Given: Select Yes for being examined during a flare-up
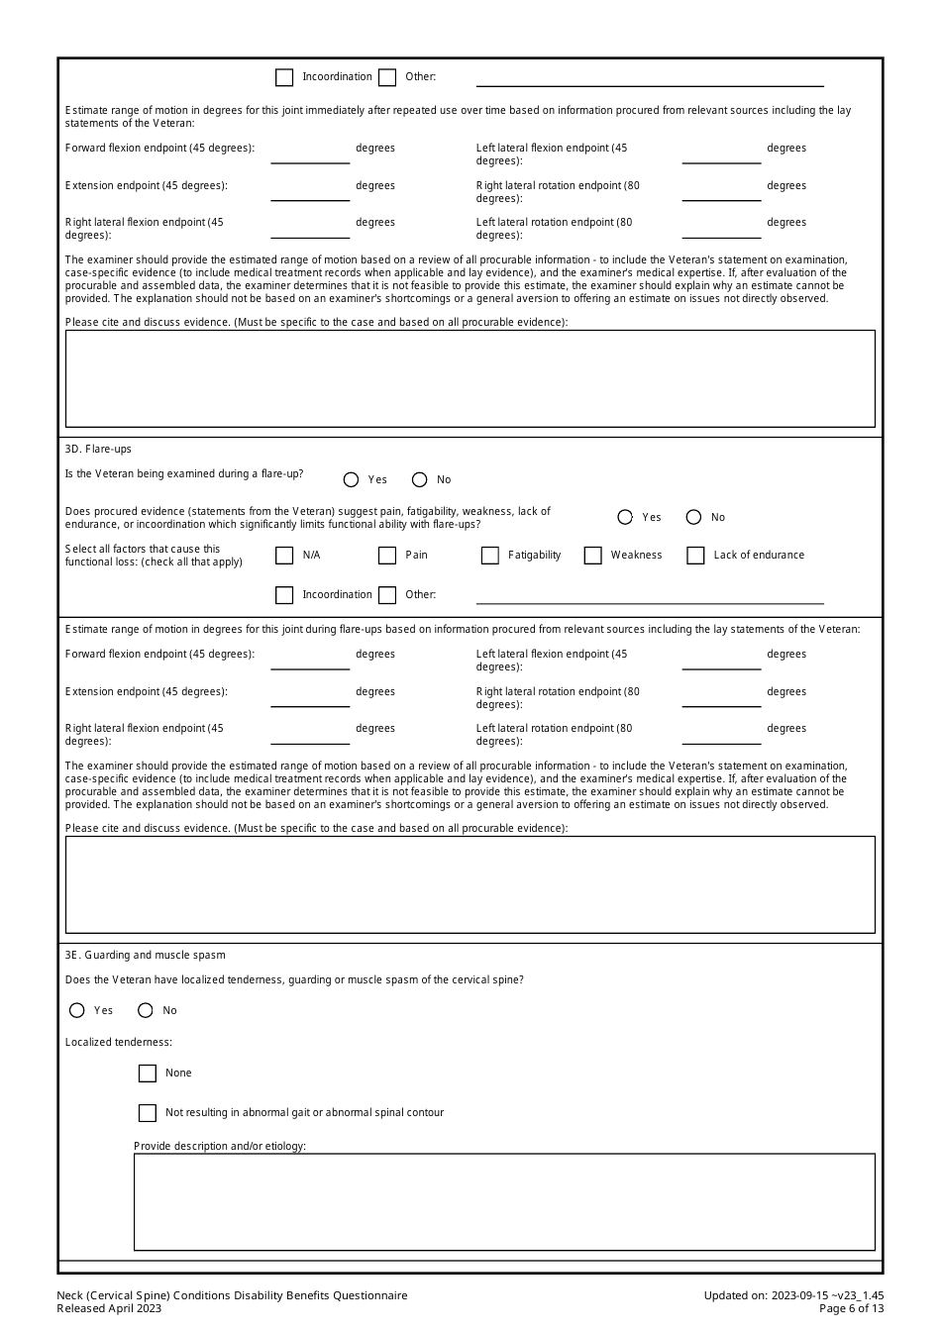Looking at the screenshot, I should click(x=351, y=479).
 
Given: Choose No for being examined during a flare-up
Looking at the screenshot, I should click(x=419, y=479).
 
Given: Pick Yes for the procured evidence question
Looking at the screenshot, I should click(x=625, y=517).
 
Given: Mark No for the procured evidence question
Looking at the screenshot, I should click(x=693, y=517).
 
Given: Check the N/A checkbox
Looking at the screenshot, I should click(x=284, y=556).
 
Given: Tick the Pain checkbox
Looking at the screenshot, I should click(x=387, y=556).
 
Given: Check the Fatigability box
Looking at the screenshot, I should click(x=490, y=556).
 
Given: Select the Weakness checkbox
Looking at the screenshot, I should click(x=593, y=556).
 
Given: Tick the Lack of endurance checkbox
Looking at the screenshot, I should click(x=696, y=556).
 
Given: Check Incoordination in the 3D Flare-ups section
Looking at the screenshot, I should click(x=284, y=595).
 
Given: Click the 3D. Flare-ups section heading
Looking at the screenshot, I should click(x=98, y=449).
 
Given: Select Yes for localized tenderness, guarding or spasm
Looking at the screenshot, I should click(x=77, y=1010).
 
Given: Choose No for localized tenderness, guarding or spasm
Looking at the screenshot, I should click(x=146, y=1010).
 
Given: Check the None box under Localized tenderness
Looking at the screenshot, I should click(x=148, y=1074).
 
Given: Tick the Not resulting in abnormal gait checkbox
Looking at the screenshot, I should click(x=148, y=1113).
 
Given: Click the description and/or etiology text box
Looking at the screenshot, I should click(x=504, y=1201).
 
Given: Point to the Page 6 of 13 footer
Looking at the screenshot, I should click(x=851, y=1308).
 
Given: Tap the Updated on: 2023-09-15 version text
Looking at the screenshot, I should click(x=793, y=1295).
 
